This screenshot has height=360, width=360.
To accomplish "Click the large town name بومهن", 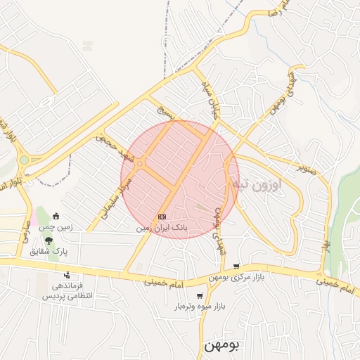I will coord(221,345).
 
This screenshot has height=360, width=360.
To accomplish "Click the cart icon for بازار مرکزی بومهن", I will coord(236,266).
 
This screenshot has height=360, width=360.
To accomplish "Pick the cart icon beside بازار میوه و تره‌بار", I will coord(200,296).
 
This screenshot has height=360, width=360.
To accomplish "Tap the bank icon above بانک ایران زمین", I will coord(162,217).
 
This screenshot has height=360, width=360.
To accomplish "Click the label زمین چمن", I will coord(56,228).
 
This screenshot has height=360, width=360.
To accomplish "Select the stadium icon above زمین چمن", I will coord(56,217).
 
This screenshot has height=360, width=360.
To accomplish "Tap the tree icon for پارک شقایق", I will coord(49,240).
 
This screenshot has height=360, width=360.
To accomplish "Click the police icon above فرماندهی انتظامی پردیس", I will coord(67,275).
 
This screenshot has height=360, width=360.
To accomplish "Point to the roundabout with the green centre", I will coord(25,160).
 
